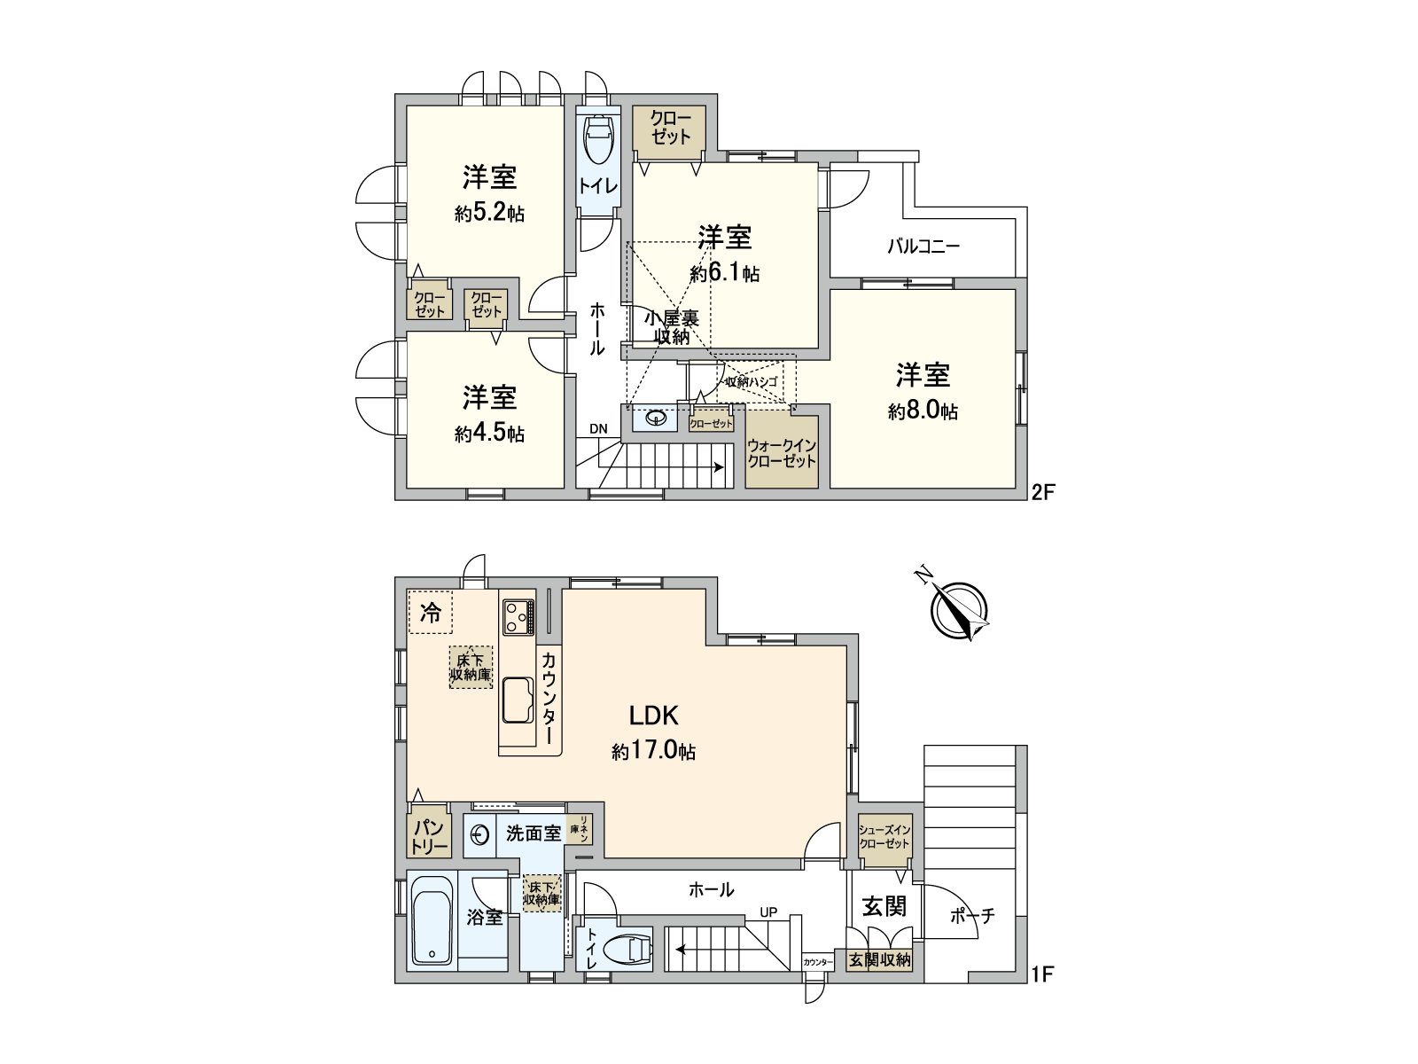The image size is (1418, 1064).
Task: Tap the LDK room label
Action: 653,716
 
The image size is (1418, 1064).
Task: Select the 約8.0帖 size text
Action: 923,411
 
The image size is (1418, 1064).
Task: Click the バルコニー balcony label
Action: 923,246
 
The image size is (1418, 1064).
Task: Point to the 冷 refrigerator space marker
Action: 430,613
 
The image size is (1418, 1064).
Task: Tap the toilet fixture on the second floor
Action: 599,141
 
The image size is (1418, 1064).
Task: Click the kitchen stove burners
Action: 517,615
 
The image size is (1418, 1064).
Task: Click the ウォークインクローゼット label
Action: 781,453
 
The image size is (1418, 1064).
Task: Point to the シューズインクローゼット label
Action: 884,836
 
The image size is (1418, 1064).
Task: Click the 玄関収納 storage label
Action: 879,959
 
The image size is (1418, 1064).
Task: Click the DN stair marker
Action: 598,429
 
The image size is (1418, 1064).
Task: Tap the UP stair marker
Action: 768,911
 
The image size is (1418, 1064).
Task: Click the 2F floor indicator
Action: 1042,493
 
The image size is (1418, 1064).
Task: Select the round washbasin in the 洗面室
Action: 479,835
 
